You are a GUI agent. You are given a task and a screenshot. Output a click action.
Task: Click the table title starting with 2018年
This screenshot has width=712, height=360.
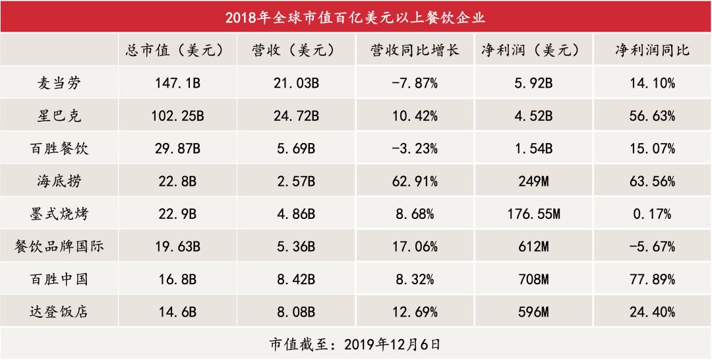click(356, 16)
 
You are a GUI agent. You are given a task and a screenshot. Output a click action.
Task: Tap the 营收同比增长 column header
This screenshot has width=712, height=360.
click(415, 50)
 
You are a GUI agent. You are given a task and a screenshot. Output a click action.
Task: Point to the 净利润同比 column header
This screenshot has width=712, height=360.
click(652, 50)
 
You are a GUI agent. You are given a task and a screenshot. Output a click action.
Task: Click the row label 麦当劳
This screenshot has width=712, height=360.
click(60, 84)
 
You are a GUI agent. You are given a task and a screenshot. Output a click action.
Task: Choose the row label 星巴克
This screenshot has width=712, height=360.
click(60, 116)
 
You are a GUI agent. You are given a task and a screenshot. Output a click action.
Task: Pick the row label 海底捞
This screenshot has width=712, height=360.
click(60, 181)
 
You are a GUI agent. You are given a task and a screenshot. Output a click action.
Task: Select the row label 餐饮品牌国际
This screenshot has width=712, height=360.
click(60, 247)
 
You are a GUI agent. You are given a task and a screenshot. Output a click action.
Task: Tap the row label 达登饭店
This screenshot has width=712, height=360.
click(60, 311)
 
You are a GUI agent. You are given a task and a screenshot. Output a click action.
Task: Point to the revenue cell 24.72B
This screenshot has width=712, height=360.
click(296, 116)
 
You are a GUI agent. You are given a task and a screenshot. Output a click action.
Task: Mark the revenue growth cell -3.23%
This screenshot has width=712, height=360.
click(415, 148)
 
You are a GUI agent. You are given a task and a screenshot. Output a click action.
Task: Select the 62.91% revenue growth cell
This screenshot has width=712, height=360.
click(415, 181)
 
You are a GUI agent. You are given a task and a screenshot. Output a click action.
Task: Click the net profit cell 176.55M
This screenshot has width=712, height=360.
click(535, 214)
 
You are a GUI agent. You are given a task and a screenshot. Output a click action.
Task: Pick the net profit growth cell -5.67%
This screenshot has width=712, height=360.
click(652, 247)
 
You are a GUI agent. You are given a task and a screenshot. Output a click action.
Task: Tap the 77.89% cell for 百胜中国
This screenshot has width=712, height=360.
click(652, 279)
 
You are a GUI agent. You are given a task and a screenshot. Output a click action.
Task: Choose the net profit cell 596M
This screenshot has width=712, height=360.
click(535, 311)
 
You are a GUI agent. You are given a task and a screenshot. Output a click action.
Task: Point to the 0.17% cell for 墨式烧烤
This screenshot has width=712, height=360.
click(652, 214)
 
